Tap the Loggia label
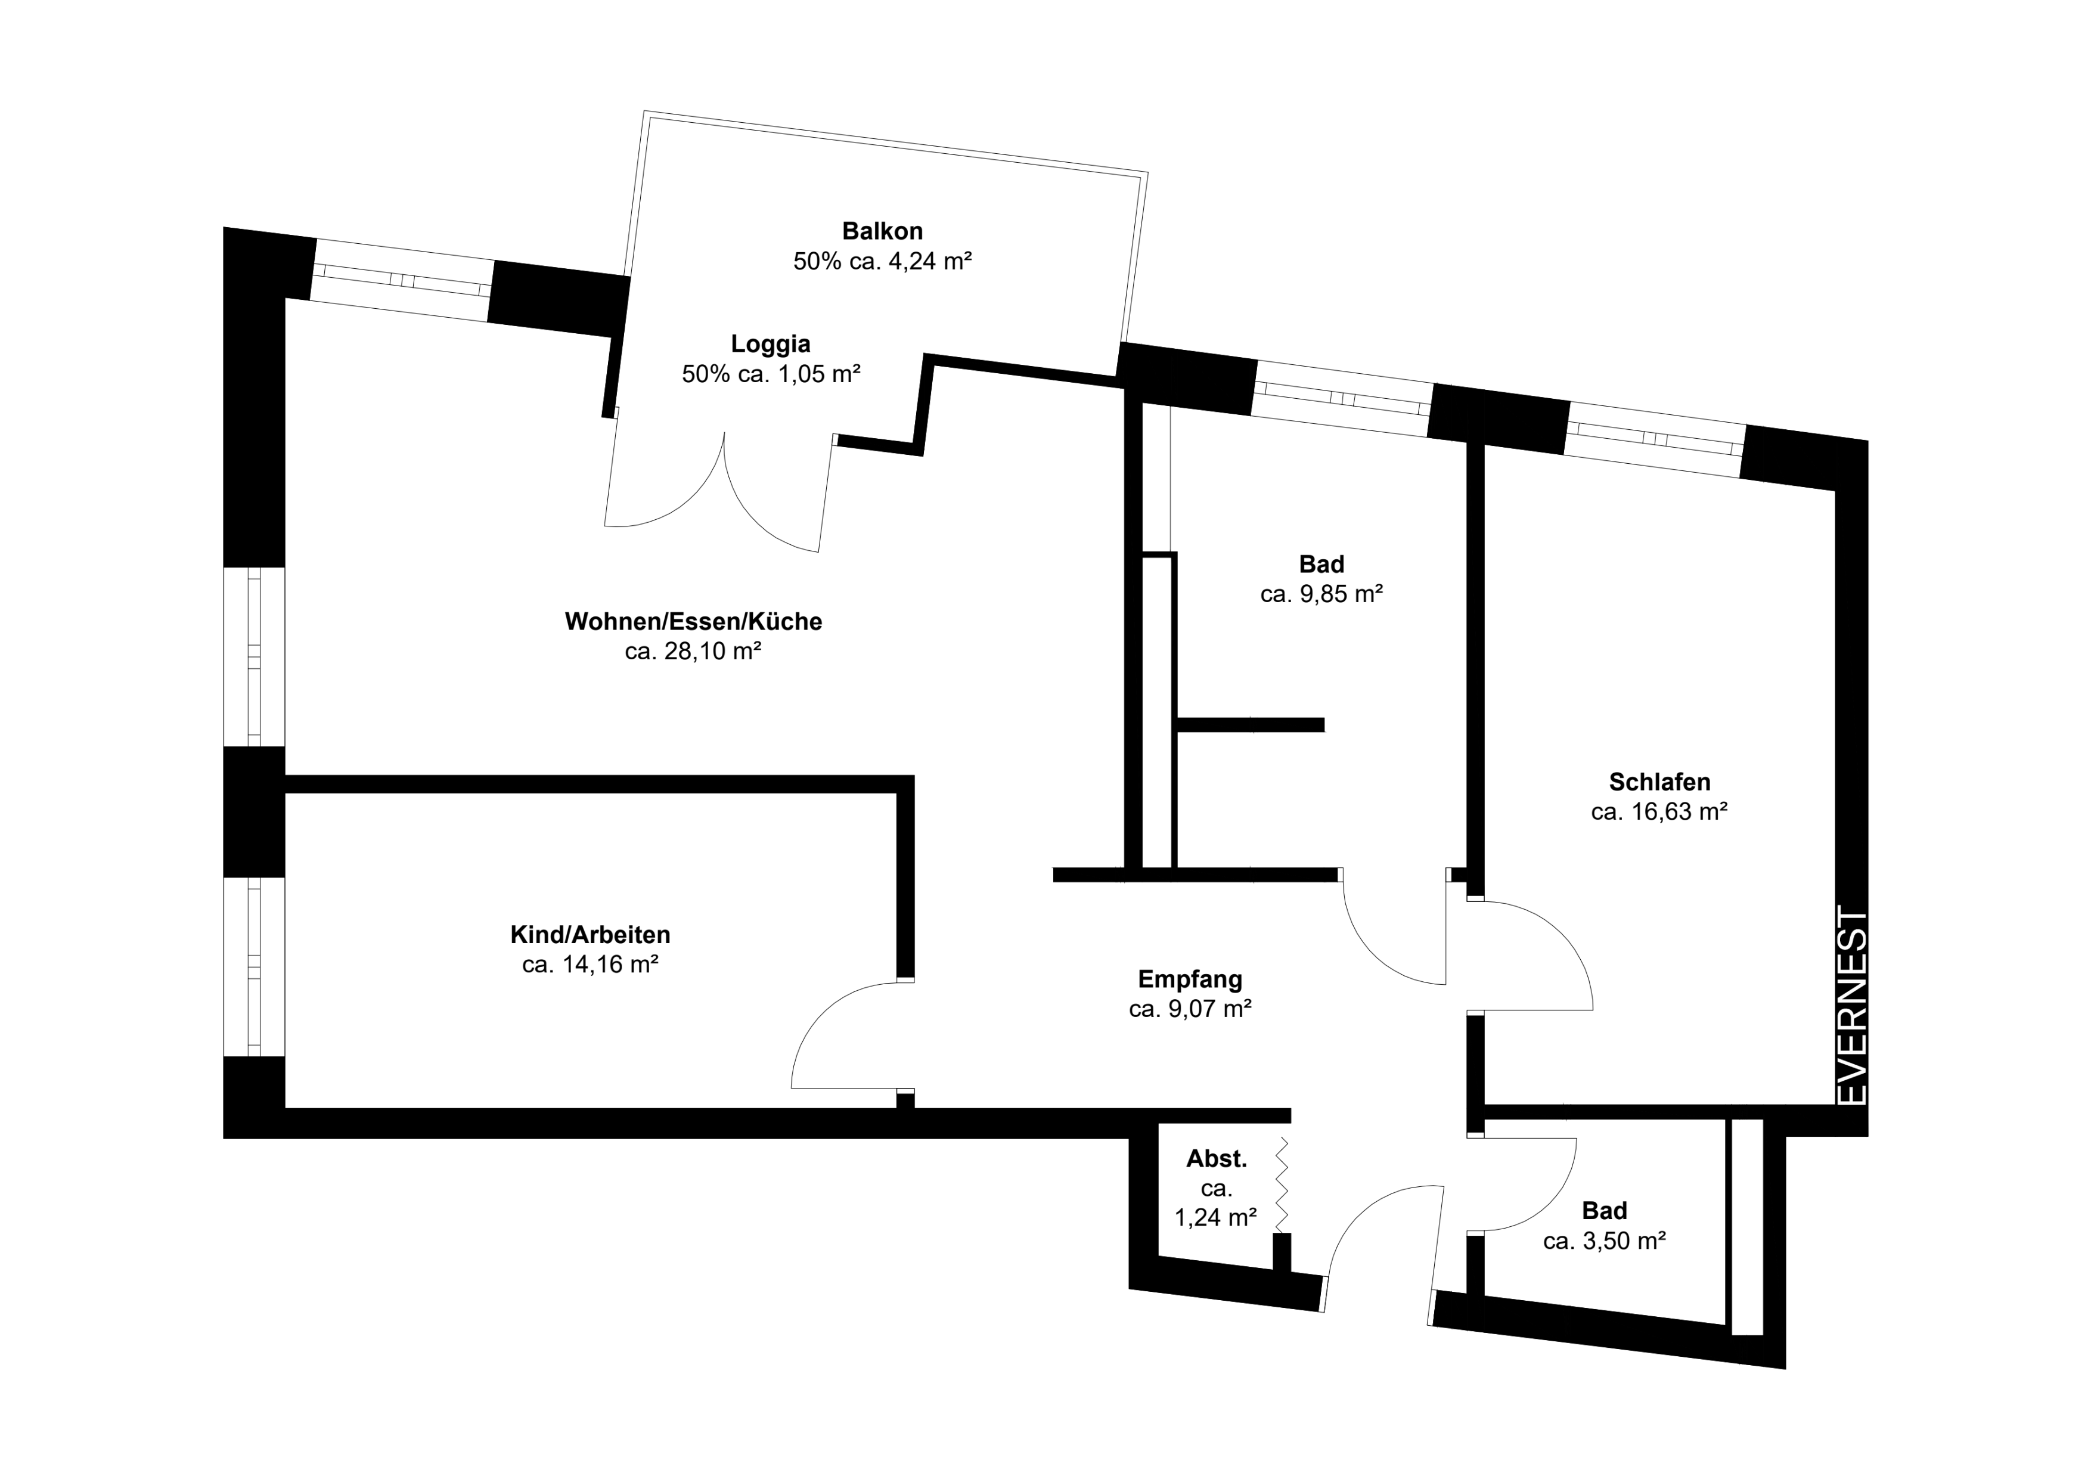[x=771, y=344]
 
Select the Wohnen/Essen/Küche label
[x=693, y=621]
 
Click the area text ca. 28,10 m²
[x=693, y=651]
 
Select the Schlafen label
[x=1659, y=782]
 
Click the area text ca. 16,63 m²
[x=1659, y=811]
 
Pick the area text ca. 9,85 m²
[x=1321, y=594]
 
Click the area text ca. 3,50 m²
[x=1605, y=1241]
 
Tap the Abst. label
[x=1217, y=1159]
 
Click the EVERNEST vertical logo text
[x=1853, y=1006]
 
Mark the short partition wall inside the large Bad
[x=1251, y=725]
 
